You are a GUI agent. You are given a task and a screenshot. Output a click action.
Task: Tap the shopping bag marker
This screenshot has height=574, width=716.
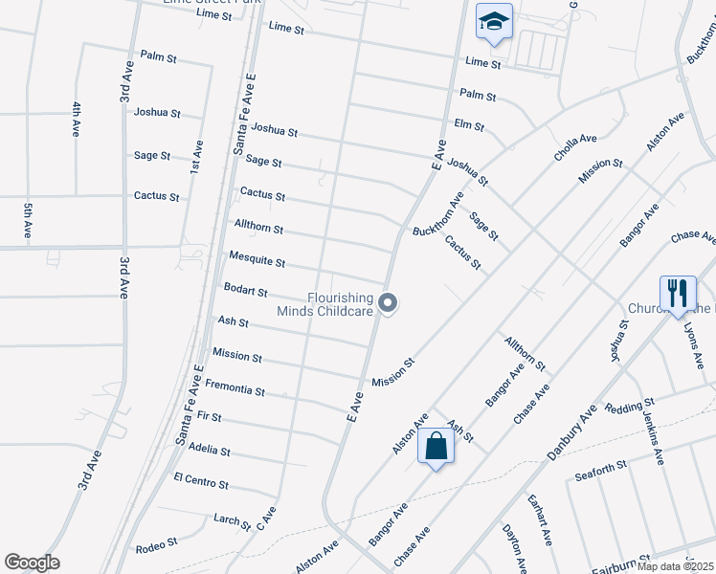click(436, 446)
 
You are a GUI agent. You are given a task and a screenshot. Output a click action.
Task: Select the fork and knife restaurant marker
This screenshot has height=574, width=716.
click(677, 294)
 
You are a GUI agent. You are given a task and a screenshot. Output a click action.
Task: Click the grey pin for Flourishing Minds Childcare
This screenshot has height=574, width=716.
click(388, 303)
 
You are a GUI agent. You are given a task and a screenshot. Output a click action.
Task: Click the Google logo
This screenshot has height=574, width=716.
click(32, 563)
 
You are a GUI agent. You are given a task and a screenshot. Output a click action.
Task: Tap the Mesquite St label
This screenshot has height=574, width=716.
click(257, 258)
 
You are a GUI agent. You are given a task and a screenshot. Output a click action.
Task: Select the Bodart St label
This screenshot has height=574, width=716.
click(246, 290)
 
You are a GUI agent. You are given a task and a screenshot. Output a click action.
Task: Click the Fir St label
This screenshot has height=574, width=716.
click(208, 417)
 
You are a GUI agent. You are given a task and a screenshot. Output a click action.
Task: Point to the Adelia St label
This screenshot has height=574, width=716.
click(210, 450)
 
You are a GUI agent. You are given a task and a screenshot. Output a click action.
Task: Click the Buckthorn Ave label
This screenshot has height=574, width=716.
click(437, 214)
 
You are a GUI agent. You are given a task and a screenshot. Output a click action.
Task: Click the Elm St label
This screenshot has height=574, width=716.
click(469, 125)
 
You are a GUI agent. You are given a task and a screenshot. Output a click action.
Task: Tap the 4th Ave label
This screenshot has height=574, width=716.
click(76, 120)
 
